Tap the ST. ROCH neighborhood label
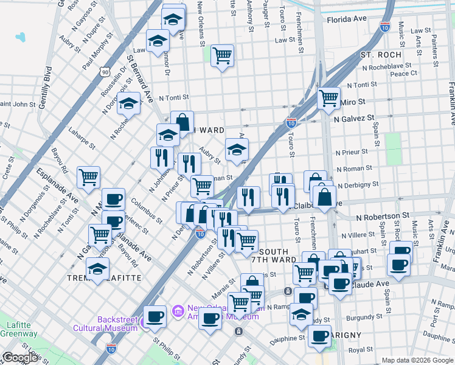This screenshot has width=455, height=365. tap(381, 55)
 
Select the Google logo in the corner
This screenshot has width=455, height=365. tap(20, 358)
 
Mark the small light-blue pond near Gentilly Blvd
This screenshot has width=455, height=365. tap(21, 37)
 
